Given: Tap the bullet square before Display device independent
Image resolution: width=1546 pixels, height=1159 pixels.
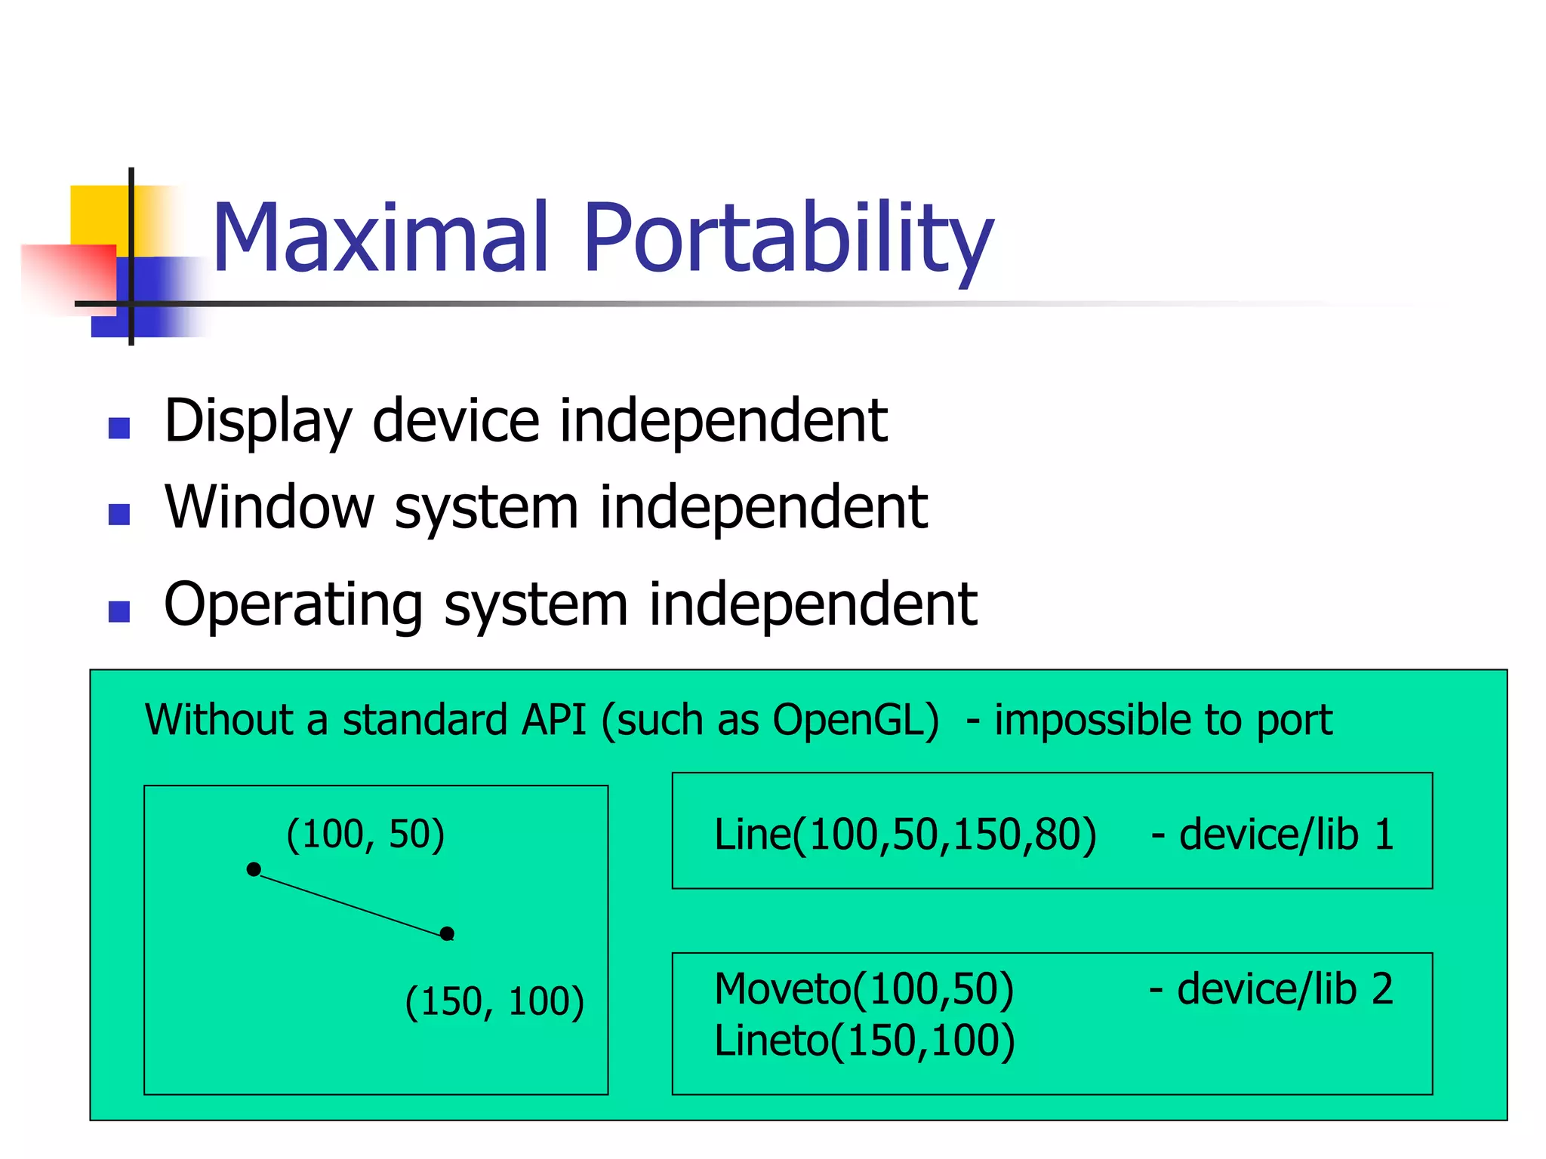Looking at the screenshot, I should pos(119,428).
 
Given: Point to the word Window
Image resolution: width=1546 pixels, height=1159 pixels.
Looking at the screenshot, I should pos(269,507).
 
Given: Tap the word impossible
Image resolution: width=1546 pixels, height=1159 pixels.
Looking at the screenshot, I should pos(1094,720).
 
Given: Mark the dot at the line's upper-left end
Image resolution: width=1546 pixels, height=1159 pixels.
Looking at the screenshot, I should pos(254,869).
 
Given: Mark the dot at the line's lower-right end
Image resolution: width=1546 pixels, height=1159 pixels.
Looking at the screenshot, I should pos(447,934).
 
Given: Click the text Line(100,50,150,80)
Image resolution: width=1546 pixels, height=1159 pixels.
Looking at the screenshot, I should pos(904,835).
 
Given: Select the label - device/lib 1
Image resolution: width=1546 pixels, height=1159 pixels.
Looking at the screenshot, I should pos(1272,835).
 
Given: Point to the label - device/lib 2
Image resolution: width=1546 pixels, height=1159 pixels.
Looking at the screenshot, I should pos(1270,988).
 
